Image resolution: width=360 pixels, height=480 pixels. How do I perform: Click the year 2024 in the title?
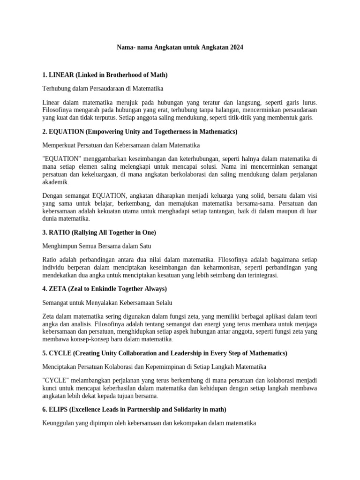pos(236,48)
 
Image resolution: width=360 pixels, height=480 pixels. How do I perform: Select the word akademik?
pos(55,182)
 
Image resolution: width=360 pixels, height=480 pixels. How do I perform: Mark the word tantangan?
pos(227,211)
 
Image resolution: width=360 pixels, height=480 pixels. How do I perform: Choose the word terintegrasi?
pos(261,275)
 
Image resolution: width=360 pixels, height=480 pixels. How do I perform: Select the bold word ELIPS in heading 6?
pos(59,409)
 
